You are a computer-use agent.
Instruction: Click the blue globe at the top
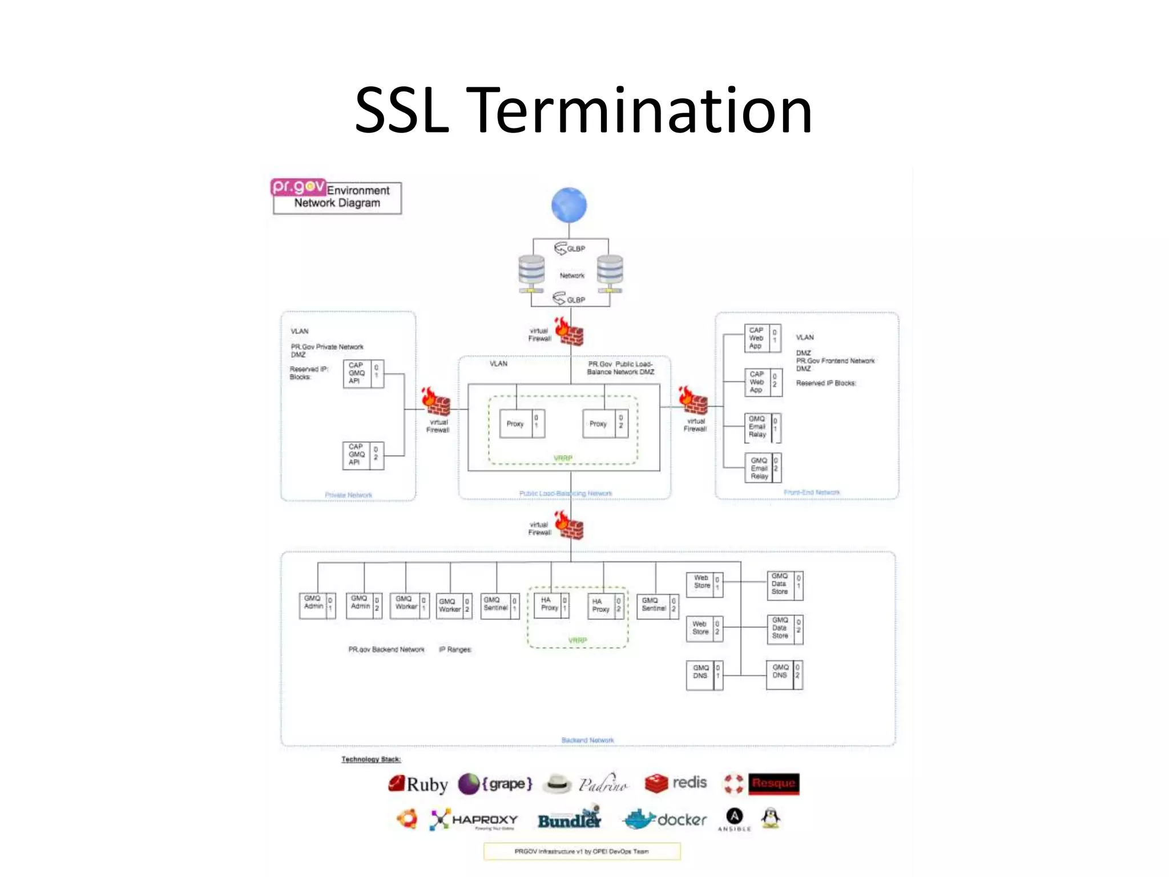[569, 205]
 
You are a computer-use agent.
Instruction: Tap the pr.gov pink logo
[298, 187]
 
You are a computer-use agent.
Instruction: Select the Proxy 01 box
[522, 424]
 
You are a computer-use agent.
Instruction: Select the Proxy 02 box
[605, 424]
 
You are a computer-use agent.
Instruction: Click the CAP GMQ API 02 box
[363, 455]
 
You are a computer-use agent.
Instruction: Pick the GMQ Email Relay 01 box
[763, 428]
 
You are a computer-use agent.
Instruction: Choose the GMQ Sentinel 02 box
[657, 605]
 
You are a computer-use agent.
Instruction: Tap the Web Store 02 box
[704, 629]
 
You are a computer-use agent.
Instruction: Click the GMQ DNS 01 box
[704, 675]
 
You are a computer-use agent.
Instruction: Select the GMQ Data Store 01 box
[784, 585]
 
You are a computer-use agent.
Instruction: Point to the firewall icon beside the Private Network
[437, 401]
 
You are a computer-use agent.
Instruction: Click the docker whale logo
[639, 819]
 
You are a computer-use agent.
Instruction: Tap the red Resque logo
[773, 783]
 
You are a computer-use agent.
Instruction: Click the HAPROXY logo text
[485, 820]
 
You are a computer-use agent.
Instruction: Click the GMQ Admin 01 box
[317, 605]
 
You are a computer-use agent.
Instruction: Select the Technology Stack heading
[371, 759]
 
